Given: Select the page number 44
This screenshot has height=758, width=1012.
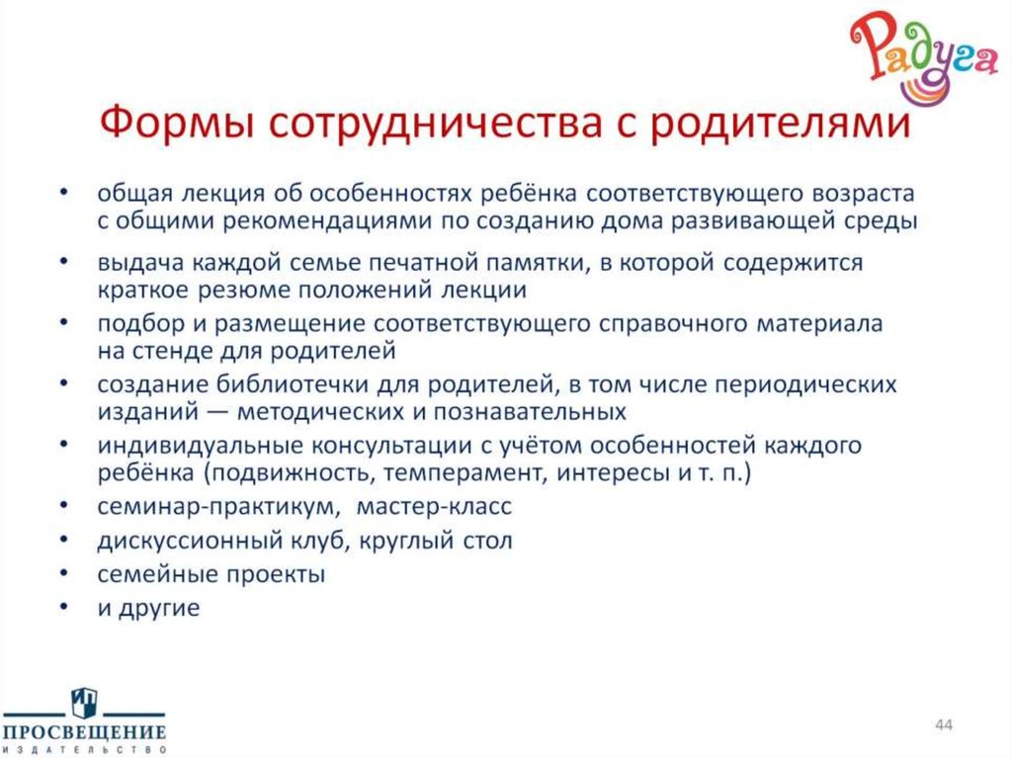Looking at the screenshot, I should pyautogui.click(x=943, y=726).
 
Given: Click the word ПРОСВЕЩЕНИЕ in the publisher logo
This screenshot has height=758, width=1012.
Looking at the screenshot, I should pyautogui.click(x=84, y=732).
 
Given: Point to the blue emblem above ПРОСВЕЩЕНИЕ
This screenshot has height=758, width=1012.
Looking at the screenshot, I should pyautogui.click(x=84, y=703).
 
